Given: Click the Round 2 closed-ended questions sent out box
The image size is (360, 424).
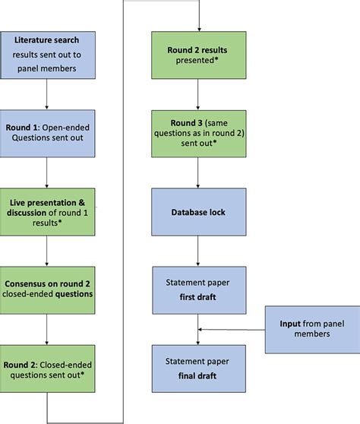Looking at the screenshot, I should pos(47,363).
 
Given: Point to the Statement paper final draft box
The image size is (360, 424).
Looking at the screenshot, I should pos(198,363).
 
